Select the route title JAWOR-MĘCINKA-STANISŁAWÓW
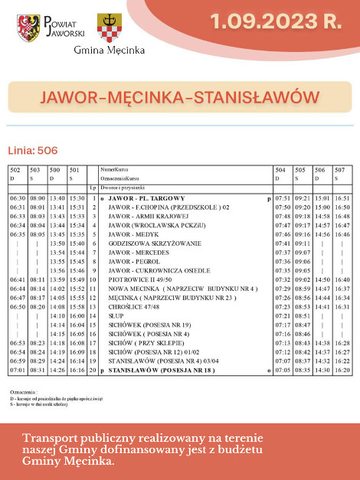(x=179, y=98)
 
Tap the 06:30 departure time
(x=17, y=198)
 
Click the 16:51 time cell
(x=342, y=198)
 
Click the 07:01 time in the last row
(x=17, y=370)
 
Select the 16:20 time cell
(x=342, y=370)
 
